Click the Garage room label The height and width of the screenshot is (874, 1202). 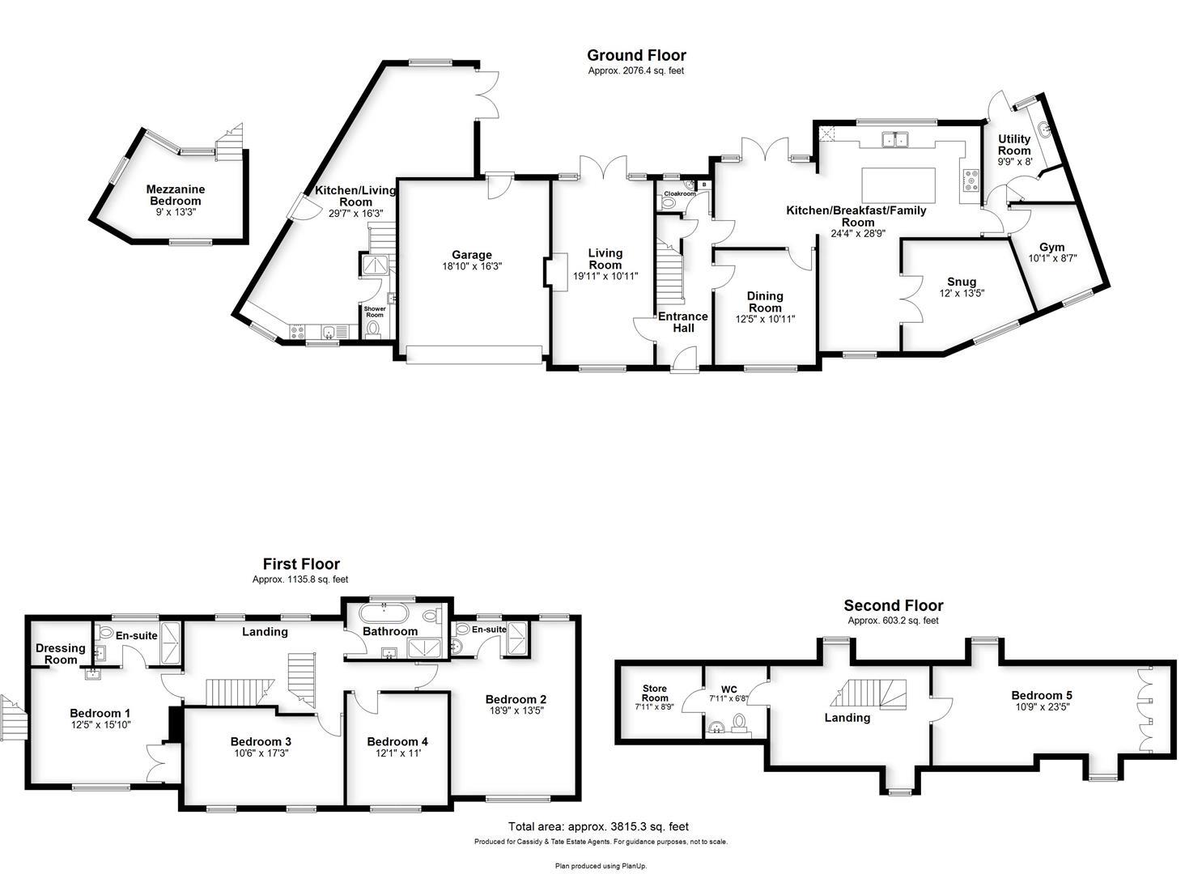[x=472, y=255]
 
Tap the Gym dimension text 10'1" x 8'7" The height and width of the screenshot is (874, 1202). [x=1052, y=258]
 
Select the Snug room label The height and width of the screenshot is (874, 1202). [x=962, y=282]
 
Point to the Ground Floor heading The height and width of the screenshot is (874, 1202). [x=636, y=55]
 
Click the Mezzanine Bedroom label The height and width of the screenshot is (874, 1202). [x=176, y=195]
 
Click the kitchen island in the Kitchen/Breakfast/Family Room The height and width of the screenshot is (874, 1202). [x=898, y=185]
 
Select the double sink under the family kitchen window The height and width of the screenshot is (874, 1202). [x=894, y=139]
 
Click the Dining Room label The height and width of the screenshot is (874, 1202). [x=765, y=302]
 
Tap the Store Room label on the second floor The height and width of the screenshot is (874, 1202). [x=655, y=693]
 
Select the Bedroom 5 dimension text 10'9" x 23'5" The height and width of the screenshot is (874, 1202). [x=1043, y=706]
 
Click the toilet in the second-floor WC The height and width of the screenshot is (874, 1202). [x=739, y=721]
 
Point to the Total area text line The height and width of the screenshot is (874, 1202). [x=598, y=826]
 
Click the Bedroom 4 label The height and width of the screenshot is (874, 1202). [x=397, y=741]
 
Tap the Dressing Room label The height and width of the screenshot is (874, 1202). [x=61, y=654]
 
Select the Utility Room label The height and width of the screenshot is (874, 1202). [x=1014, y=144]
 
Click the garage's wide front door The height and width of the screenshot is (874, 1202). [x=474, y=354]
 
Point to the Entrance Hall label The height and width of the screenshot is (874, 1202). [x=683, y=322]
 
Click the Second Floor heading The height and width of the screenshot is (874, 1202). [x=894, y=605]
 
